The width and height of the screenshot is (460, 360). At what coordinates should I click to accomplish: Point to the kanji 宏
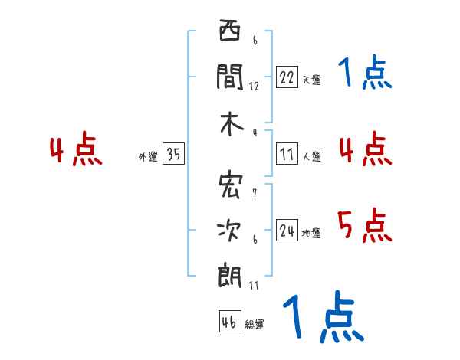(x=229, y=185)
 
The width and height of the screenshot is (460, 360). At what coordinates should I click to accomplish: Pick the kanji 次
(x=229, y=229)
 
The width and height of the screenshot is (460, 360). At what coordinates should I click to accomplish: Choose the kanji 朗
(x=229, y=274)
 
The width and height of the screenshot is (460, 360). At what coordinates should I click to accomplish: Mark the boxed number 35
(x=173, y=155)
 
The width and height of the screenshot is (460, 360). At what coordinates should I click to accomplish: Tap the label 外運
(x=148, y=157)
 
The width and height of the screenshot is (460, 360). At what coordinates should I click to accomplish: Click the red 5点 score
(x=364, y=226)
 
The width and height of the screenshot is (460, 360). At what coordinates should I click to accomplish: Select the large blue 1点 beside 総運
(x=322, y=317)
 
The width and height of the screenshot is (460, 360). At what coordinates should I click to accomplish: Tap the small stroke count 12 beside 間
(x=254, y=86)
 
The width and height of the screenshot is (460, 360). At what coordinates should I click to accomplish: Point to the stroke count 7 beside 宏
(x=255, y=192)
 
